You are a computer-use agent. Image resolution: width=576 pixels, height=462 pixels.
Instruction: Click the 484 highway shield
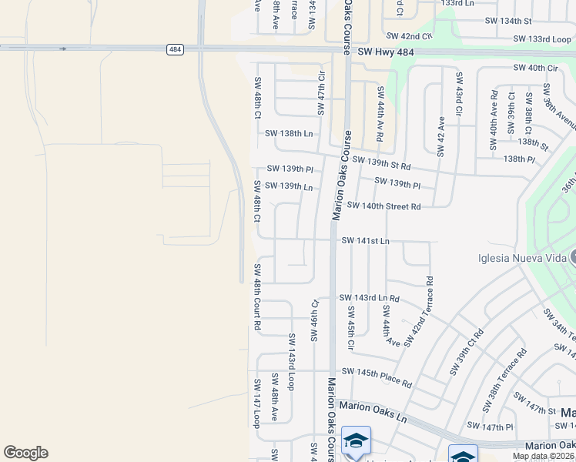coord(175,49)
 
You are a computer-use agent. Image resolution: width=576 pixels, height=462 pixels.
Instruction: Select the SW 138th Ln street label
coord(289,133)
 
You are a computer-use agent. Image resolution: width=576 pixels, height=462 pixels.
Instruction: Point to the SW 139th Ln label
coord(289,186)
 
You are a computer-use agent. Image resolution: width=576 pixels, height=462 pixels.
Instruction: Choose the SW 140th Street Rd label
coord(383,206)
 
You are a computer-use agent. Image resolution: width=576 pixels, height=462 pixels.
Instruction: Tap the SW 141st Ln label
coord(365,241)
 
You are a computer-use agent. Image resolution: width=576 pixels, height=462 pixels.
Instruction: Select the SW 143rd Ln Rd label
coord(370,298)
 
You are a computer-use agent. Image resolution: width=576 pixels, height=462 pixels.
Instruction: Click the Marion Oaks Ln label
coord(373,406)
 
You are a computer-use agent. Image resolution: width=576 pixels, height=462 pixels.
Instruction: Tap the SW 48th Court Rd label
coord(257,297)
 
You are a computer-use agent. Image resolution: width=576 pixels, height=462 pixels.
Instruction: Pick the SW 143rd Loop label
coord(292,361)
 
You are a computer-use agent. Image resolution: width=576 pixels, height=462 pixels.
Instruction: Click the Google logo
coord(25,453)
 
